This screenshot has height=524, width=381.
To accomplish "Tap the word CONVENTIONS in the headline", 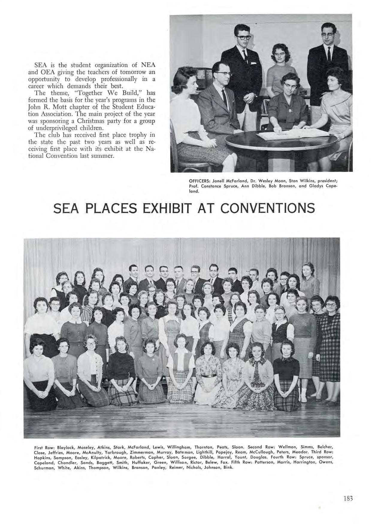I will [x=268, y=208].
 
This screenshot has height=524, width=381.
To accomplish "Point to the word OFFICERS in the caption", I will [x=200, y=181].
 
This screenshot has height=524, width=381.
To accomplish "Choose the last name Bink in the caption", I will [x=228, y=468].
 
